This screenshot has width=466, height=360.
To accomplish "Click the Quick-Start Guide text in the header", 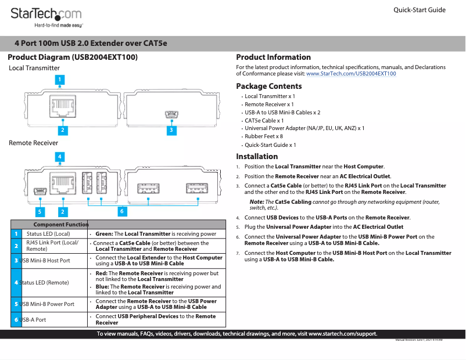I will [x=420, y=10].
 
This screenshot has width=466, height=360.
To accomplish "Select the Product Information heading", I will [x=273, y=57].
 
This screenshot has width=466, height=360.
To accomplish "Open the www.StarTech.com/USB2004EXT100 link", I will [x=351, y=74].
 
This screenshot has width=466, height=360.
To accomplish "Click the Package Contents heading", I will [x=268, y=87].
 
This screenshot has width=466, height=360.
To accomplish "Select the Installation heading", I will [x=257, y=157].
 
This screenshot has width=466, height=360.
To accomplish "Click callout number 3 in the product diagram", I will [x=170, y=131].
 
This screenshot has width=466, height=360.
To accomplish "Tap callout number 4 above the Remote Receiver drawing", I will [x=60, y=156].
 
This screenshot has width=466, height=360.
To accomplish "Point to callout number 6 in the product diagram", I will [x=123, y=211].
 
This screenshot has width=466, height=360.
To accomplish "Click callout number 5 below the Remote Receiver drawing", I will [x=40, y=211].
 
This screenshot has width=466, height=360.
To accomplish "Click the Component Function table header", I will [x=61, y=224].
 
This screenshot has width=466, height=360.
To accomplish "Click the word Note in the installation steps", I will [x=256, y=201].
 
